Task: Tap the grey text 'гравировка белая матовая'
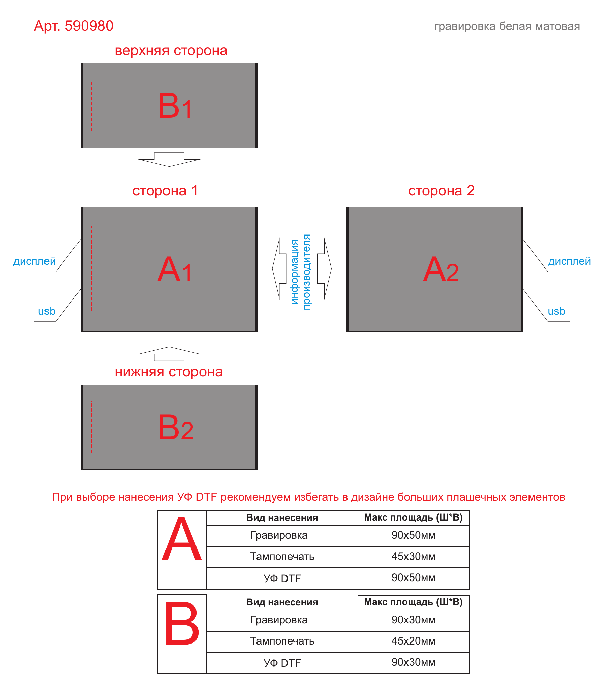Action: (507, 26)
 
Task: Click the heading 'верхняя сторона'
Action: (171, 51)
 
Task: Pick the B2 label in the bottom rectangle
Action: (176, 427)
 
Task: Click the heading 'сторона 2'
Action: (441, 191)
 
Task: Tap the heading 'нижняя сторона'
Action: (169, 372)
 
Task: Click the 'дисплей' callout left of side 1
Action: (34, 261)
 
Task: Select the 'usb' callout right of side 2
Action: (556, 311)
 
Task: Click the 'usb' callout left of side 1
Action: (47, 311)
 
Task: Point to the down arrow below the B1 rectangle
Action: (169, 160)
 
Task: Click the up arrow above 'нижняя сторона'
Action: (169, 354)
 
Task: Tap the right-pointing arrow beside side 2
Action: (325, 269)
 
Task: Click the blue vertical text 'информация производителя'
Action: (301, 272)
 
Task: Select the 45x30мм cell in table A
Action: (413, 557)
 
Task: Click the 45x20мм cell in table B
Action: (413, 641)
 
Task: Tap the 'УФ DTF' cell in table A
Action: (282, 578)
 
